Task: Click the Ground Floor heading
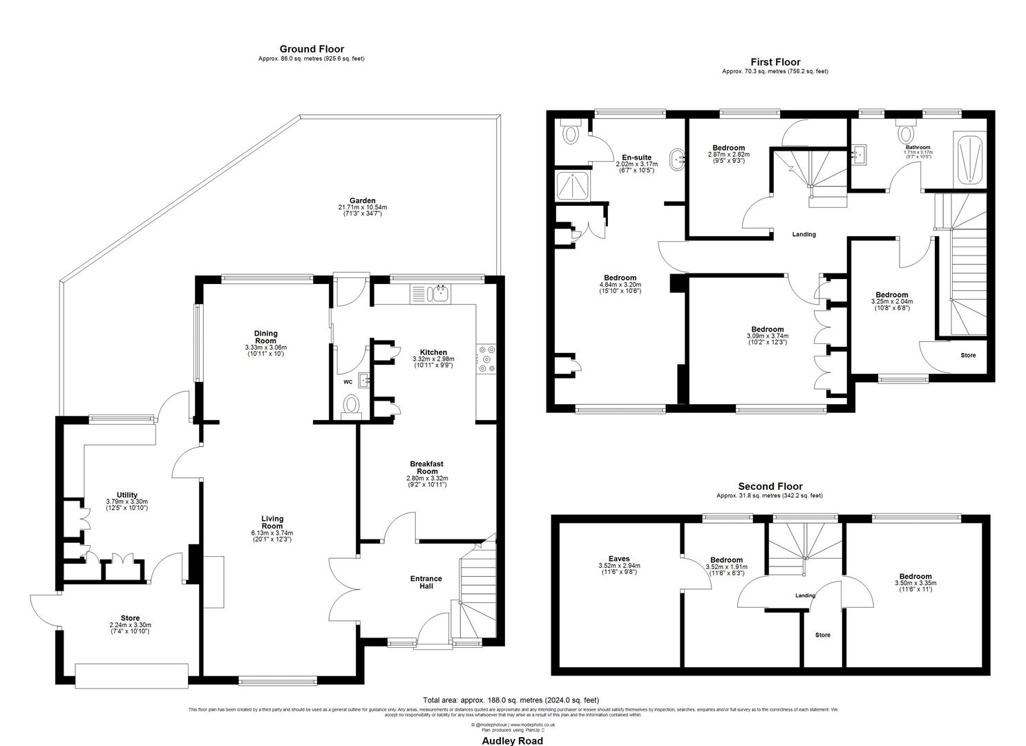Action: [312, 49]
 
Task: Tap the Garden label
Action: [362, 201]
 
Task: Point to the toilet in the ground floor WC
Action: [352, 404]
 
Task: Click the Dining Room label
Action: [265, 336]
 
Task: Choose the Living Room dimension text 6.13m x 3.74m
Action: [272, 533]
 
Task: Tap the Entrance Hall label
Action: [426, 582]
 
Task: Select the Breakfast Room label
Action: [427, 468]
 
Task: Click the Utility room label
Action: [127, 495]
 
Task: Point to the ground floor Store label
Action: [130, 618]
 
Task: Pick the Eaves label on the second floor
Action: [619, 559]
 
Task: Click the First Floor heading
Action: [775, 62]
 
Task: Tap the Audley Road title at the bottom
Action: [512, 740]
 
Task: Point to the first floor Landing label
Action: [804, 234]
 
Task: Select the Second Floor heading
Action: [770, 486]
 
